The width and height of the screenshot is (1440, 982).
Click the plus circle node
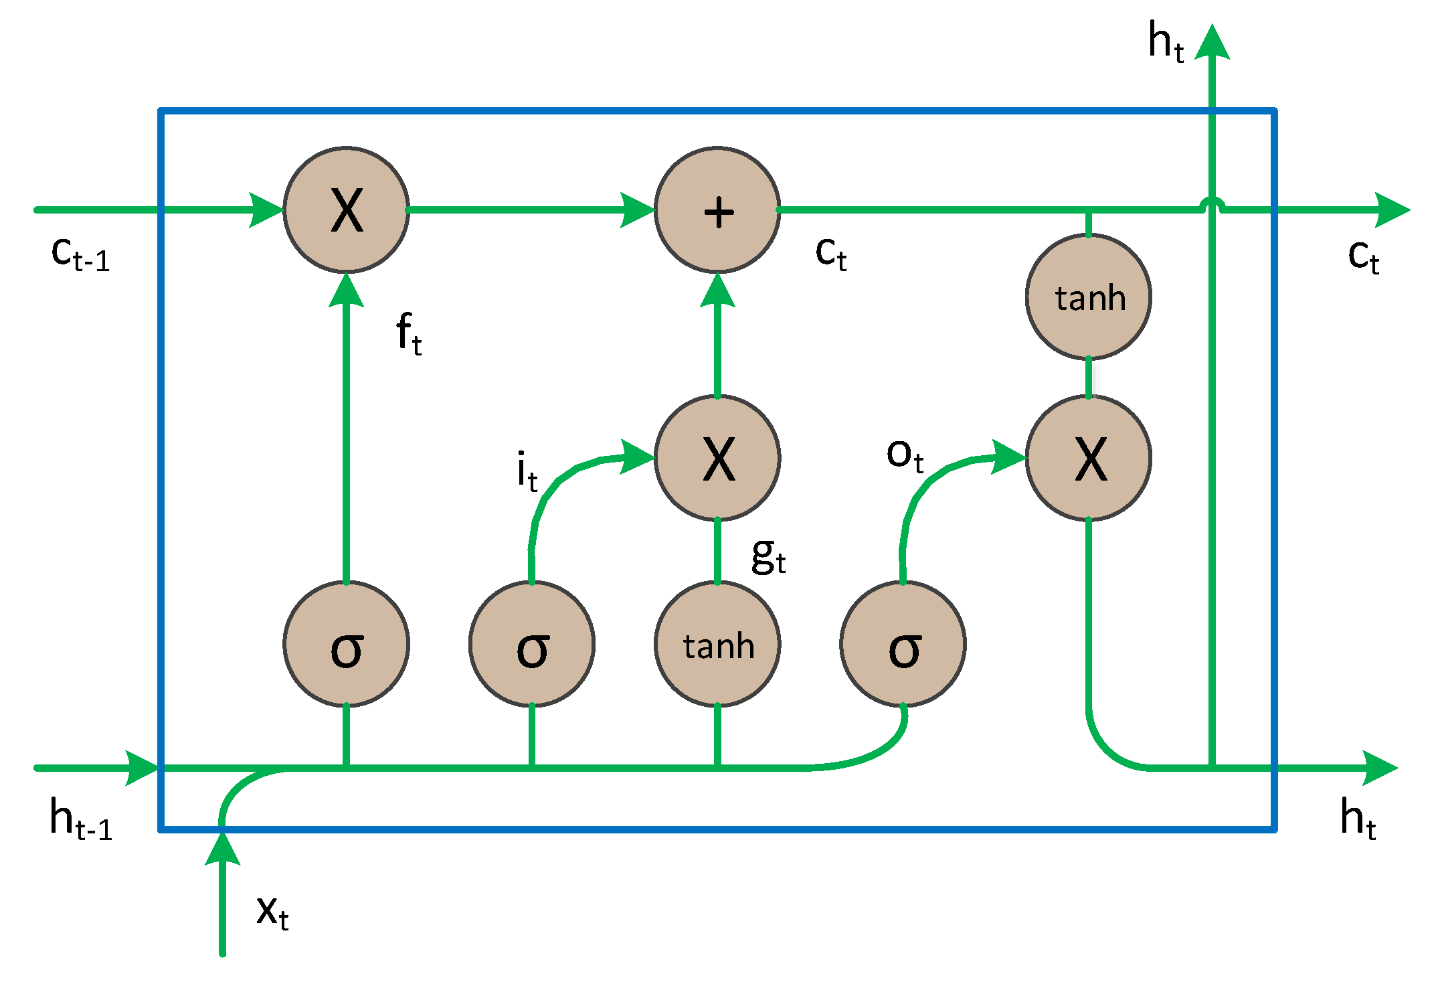(717, 210)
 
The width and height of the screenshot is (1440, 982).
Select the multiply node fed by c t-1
(346, 210)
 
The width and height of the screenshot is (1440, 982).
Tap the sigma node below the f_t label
(346, 644)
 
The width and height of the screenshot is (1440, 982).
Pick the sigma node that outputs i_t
(532, 644)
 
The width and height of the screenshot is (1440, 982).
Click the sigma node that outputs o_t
(903, 644)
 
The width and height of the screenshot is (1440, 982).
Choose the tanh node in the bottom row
(717, 644)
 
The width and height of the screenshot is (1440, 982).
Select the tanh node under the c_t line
(1089, 297)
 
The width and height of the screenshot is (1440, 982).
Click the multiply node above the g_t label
(717, 458)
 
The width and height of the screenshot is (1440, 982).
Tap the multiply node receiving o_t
(1089, 458)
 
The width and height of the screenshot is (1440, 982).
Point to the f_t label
(408, 333)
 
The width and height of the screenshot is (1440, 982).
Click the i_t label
(527, 471)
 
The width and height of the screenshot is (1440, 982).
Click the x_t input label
(272, 912)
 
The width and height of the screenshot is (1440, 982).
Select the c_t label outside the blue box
(1363, 256)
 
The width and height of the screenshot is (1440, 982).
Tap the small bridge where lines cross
(1212, 203)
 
